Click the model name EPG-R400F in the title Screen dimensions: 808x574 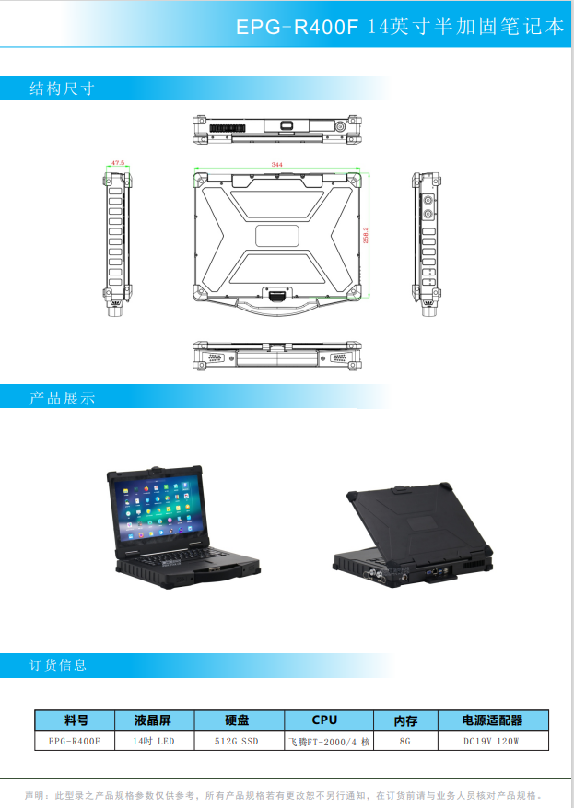click(296, 28)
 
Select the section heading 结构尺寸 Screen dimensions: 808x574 click(62, 89)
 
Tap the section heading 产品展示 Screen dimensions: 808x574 click(62, 398)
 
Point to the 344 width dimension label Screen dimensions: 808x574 click(276, 165)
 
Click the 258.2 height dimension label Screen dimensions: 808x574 click(366, 235)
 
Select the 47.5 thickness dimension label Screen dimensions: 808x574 click(117, 162)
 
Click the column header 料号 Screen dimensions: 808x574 click(76, 720)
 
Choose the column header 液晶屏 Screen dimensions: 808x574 click(153, 720)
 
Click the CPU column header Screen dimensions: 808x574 click(324, 720)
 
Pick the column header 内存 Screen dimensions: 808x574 click(405, 720)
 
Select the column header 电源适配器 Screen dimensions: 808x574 click(492, 720)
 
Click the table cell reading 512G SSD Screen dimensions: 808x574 click(237, 740)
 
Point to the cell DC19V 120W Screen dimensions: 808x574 click(492, 740)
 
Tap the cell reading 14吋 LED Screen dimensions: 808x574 click(153, 740)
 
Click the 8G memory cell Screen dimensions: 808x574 click(405, 740)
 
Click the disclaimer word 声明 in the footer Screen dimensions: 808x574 click(35, 794)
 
